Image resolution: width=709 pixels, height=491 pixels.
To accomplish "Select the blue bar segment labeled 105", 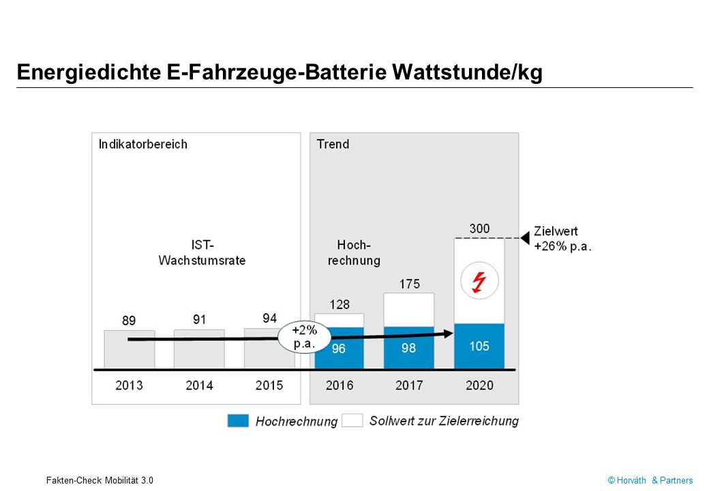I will (x=479, y=346).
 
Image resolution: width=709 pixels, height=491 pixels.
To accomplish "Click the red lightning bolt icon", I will (x=479, y=280).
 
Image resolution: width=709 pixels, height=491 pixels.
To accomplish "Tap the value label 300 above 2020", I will (x=479, y=228).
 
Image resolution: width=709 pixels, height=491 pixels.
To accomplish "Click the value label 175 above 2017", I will (x=409, y=284).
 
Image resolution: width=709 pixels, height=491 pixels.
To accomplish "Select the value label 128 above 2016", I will (x=339, y=304).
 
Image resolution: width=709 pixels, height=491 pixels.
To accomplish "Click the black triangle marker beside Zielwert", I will (x=524, y=238).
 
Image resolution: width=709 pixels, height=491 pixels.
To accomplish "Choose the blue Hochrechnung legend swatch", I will (x=238, y=421).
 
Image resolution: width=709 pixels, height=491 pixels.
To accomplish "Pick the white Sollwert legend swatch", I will (x=352, y=421).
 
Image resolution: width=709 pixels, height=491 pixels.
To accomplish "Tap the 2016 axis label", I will (x=339, y=385).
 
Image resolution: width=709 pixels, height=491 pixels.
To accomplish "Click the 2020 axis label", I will (x=479, y=385).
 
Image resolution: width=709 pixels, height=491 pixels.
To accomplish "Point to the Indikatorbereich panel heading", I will (x=143, y=144).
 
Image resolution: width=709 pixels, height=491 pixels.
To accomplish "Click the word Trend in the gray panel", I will (x=333, y=144).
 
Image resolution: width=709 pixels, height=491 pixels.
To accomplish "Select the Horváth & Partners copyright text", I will (x=650, y=480).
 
